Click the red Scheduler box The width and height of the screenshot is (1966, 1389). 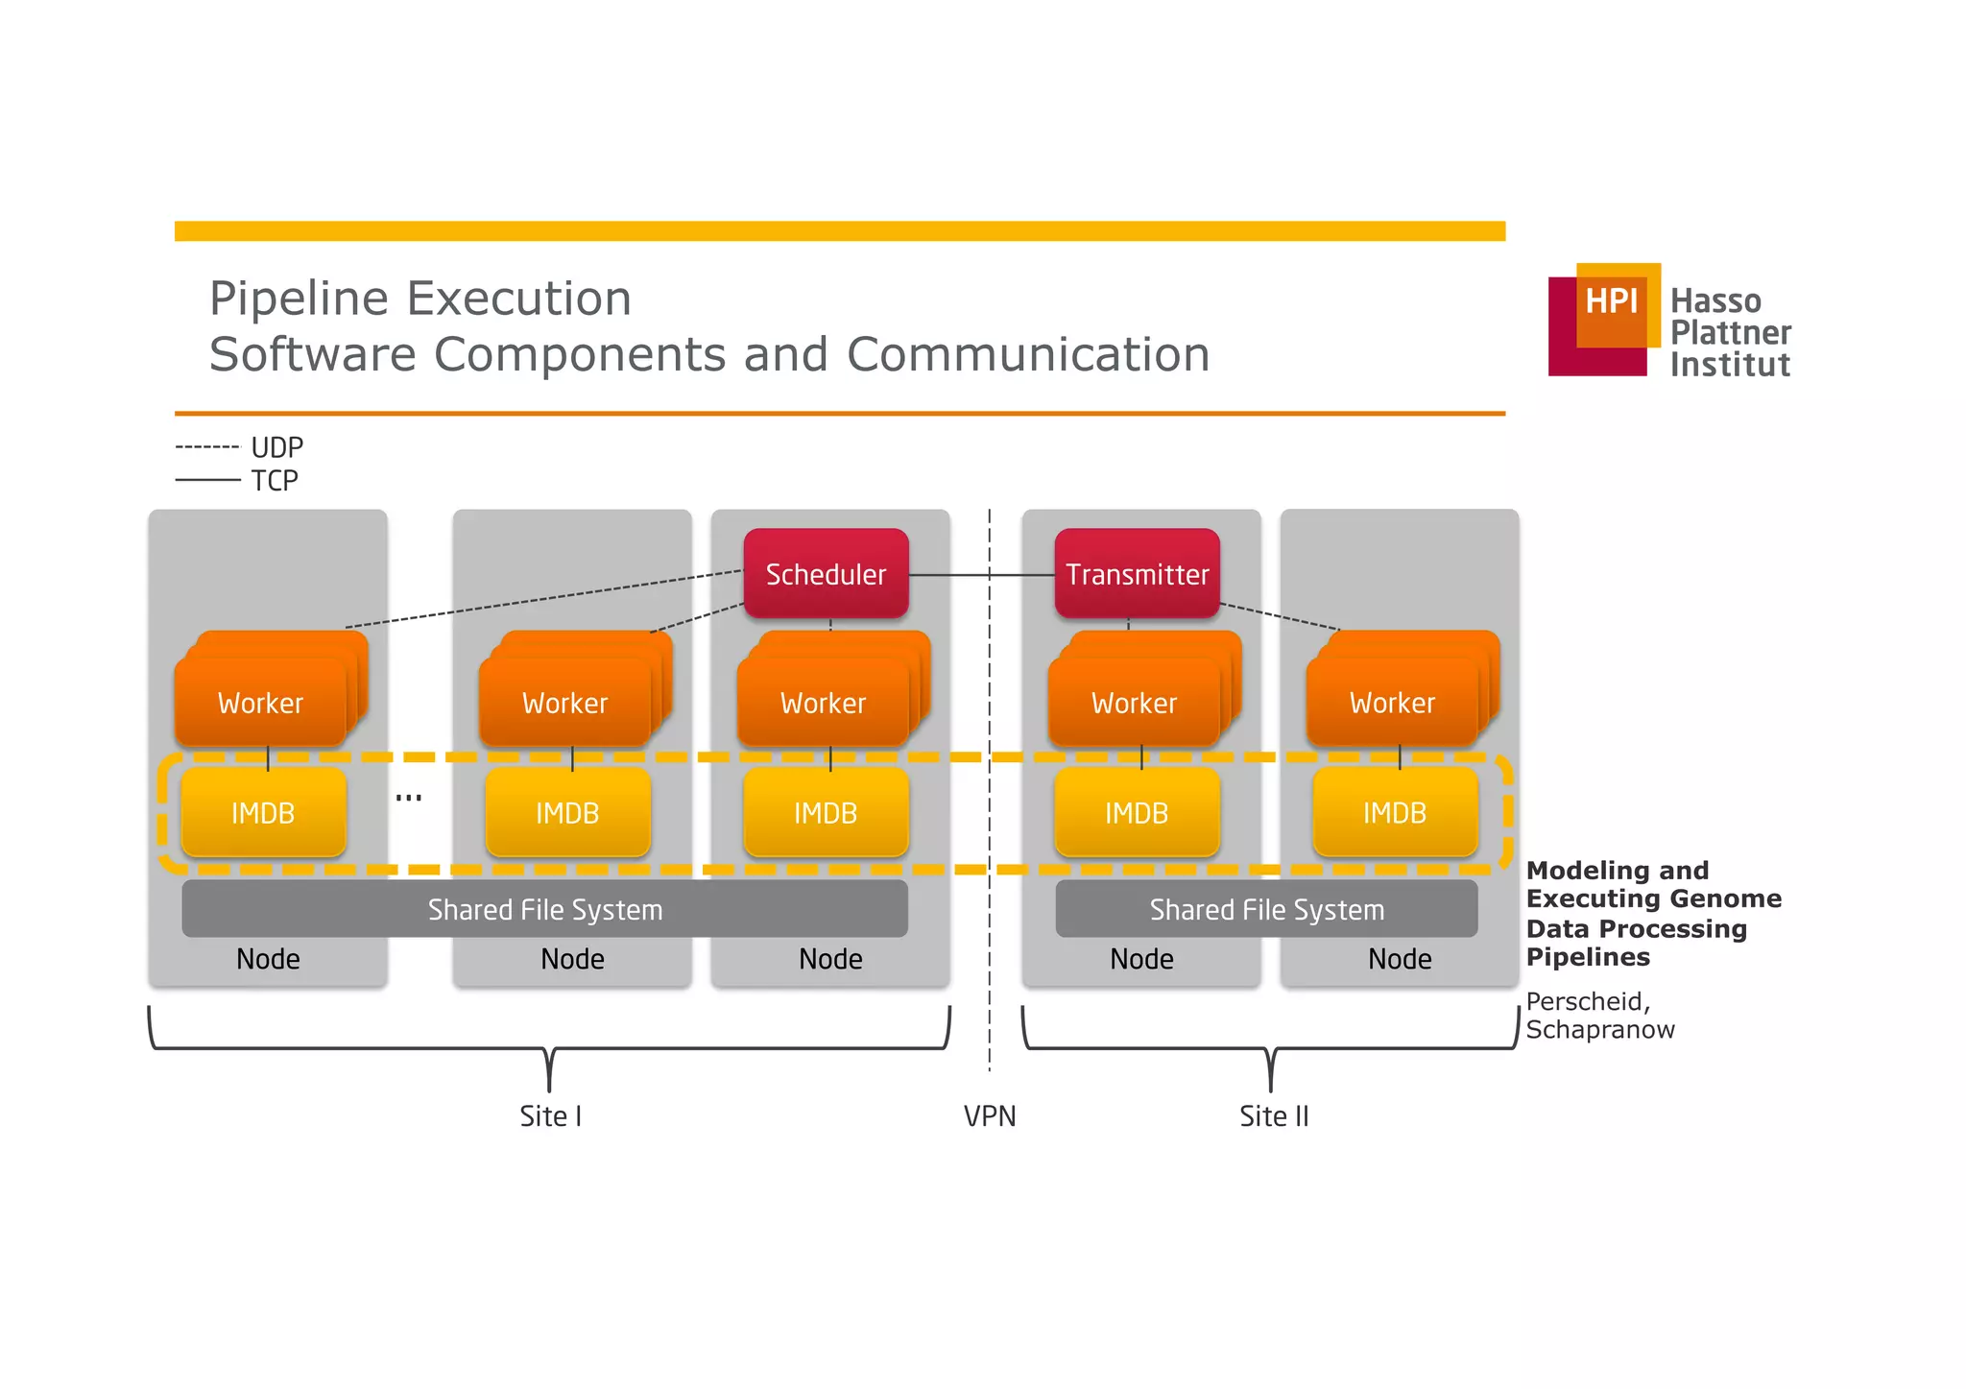pos(826,574)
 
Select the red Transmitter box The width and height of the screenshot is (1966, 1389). pos(1137,574)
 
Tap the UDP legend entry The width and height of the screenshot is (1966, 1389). pos(276,447)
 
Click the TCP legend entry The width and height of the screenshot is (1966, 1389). pos(275,480)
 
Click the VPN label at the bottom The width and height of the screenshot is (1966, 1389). pos(990,1116)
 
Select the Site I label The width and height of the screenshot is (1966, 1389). pos(550,1116)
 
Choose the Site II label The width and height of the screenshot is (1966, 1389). pos(1274,1116)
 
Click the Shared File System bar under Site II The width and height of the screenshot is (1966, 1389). pos(1266,909)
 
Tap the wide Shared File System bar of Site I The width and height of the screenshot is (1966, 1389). pos(544,909)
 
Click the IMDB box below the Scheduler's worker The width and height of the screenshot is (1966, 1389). pos(826,813)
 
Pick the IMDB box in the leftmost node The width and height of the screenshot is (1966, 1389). pos(263,813)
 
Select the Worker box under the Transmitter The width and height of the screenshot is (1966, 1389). pos(1134,703)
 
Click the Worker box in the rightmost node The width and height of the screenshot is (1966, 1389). pos(1392,703)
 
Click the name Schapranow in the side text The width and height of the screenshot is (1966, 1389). pos(1599,1030)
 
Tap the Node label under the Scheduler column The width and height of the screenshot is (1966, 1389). pos(830,959)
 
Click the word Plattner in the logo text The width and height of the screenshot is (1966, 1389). pos(1730,333)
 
